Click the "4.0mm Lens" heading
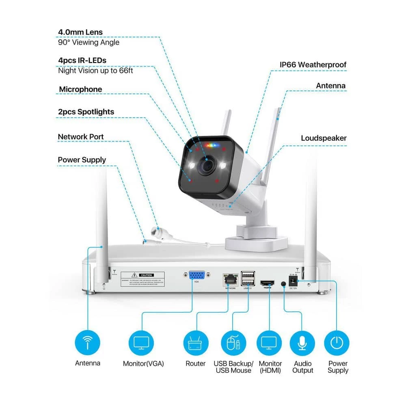point(80,32)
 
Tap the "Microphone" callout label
point(80,89)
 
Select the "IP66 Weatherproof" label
point(313,65)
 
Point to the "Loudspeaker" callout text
point(324,138)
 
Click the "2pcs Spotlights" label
point(86,112)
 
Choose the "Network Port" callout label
point(80,137)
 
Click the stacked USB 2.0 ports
point(247,279)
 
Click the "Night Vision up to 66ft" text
point(95,70)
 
